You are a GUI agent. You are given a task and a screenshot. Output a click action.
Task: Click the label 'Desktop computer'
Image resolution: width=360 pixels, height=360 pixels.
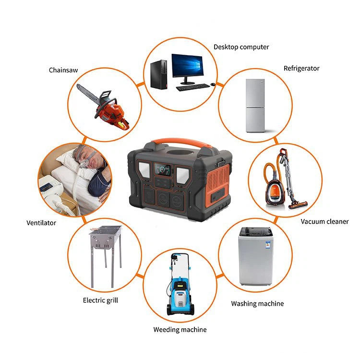[241, 47]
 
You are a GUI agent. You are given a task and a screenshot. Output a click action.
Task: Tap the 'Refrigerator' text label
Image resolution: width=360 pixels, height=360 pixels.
[301, 69]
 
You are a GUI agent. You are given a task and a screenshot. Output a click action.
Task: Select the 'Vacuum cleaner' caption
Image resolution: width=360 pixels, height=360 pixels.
[324, 222]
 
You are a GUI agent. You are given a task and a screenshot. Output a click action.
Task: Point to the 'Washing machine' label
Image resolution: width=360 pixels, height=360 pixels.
[257, 304]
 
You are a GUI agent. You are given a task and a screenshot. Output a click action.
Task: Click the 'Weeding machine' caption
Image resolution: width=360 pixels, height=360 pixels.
[180, 330]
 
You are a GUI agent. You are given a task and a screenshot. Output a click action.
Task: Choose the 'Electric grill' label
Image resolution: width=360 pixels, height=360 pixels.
[100, 300]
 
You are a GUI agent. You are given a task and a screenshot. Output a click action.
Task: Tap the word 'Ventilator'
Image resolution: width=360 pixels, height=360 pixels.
[41, 223]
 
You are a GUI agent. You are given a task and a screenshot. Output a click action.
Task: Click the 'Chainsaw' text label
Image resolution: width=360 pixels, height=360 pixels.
[63, 70]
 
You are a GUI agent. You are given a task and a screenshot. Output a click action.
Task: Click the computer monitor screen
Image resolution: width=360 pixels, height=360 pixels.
[188, 65]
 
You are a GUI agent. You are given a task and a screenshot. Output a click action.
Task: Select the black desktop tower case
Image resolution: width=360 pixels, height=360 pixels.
[159, 74]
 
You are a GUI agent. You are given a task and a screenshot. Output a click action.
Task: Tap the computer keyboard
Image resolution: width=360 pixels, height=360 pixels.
[193, 87]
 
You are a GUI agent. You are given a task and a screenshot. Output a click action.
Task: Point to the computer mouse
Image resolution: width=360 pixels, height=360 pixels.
[213, 84]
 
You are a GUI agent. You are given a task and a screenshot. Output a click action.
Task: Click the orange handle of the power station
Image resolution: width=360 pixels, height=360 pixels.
[181, 142]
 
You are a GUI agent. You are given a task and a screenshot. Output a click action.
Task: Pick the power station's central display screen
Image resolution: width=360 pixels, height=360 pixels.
[163, 169]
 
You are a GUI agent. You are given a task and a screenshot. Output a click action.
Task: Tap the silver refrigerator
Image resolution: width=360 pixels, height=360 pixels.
[255, 106]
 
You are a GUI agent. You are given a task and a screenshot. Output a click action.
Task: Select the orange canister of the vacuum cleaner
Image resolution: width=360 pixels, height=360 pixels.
[276, 192]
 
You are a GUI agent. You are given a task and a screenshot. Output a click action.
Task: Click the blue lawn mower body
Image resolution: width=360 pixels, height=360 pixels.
[180, 296]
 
